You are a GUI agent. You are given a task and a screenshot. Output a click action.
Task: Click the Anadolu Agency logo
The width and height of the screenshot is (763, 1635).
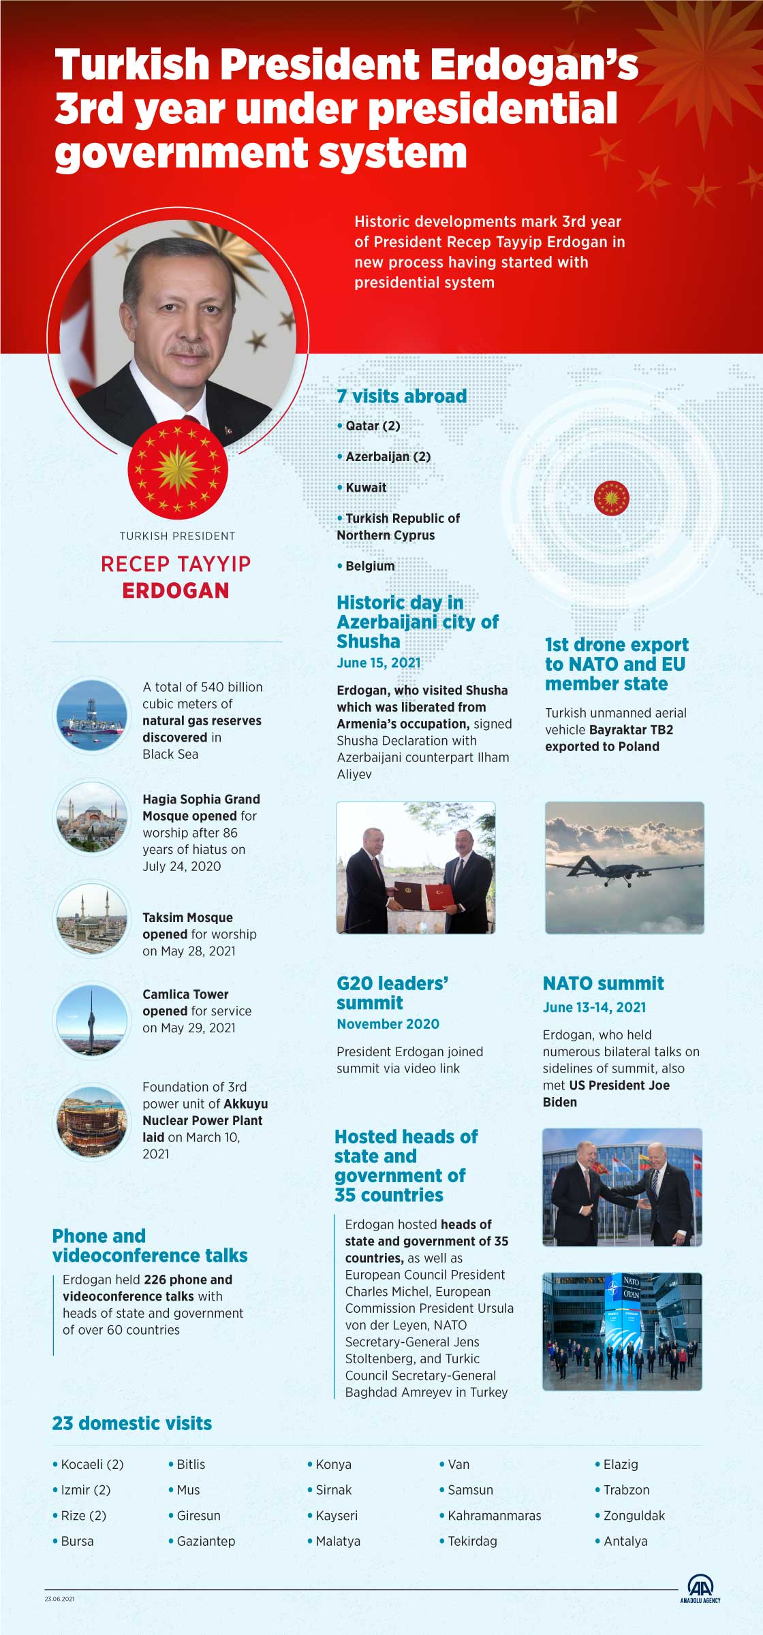[x=700, y=1589]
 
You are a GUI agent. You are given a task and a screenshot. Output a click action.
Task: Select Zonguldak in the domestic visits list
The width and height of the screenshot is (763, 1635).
[x=634, y=1515]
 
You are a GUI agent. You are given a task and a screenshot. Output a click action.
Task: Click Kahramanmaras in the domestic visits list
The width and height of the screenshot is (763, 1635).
[x=494, y=1515]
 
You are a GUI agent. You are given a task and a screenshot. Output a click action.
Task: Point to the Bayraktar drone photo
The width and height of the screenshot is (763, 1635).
[x=624, y=868]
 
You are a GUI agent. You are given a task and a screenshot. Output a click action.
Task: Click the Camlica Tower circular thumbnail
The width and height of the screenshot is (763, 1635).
[x=91, y=1019]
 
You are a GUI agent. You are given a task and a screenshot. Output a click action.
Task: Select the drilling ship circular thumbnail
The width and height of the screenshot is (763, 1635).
[x=91, y=715]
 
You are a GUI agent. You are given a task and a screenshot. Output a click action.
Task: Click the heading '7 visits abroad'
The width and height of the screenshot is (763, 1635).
[x=402, y=396]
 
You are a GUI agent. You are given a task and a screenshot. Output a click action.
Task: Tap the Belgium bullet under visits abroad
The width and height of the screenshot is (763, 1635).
[x=369, y=566]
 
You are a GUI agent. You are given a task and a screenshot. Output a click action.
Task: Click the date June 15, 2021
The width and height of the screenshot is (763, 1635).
[x=378, y=663]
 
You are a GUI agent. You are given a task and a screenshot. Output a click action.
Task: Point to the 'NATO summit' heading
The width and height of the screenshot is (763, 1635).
[x=603, y=983]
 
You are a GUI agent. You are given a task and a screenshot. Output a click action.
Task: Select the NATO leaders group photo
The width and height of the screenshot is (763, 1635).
[x=621, y=1331]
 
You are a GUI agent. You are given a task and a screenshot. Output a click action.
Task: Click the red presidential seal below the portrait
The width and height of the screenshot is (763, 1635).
[x=178, y=469]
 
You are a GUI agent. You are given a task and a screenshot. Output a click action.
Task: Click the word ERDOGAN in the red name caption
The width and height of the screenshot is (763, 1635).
[x=176, y=590]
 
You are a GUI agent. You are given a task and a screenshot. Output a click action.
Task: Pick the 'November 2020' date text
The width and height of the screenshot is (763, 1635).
[x=388, y=1023]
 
